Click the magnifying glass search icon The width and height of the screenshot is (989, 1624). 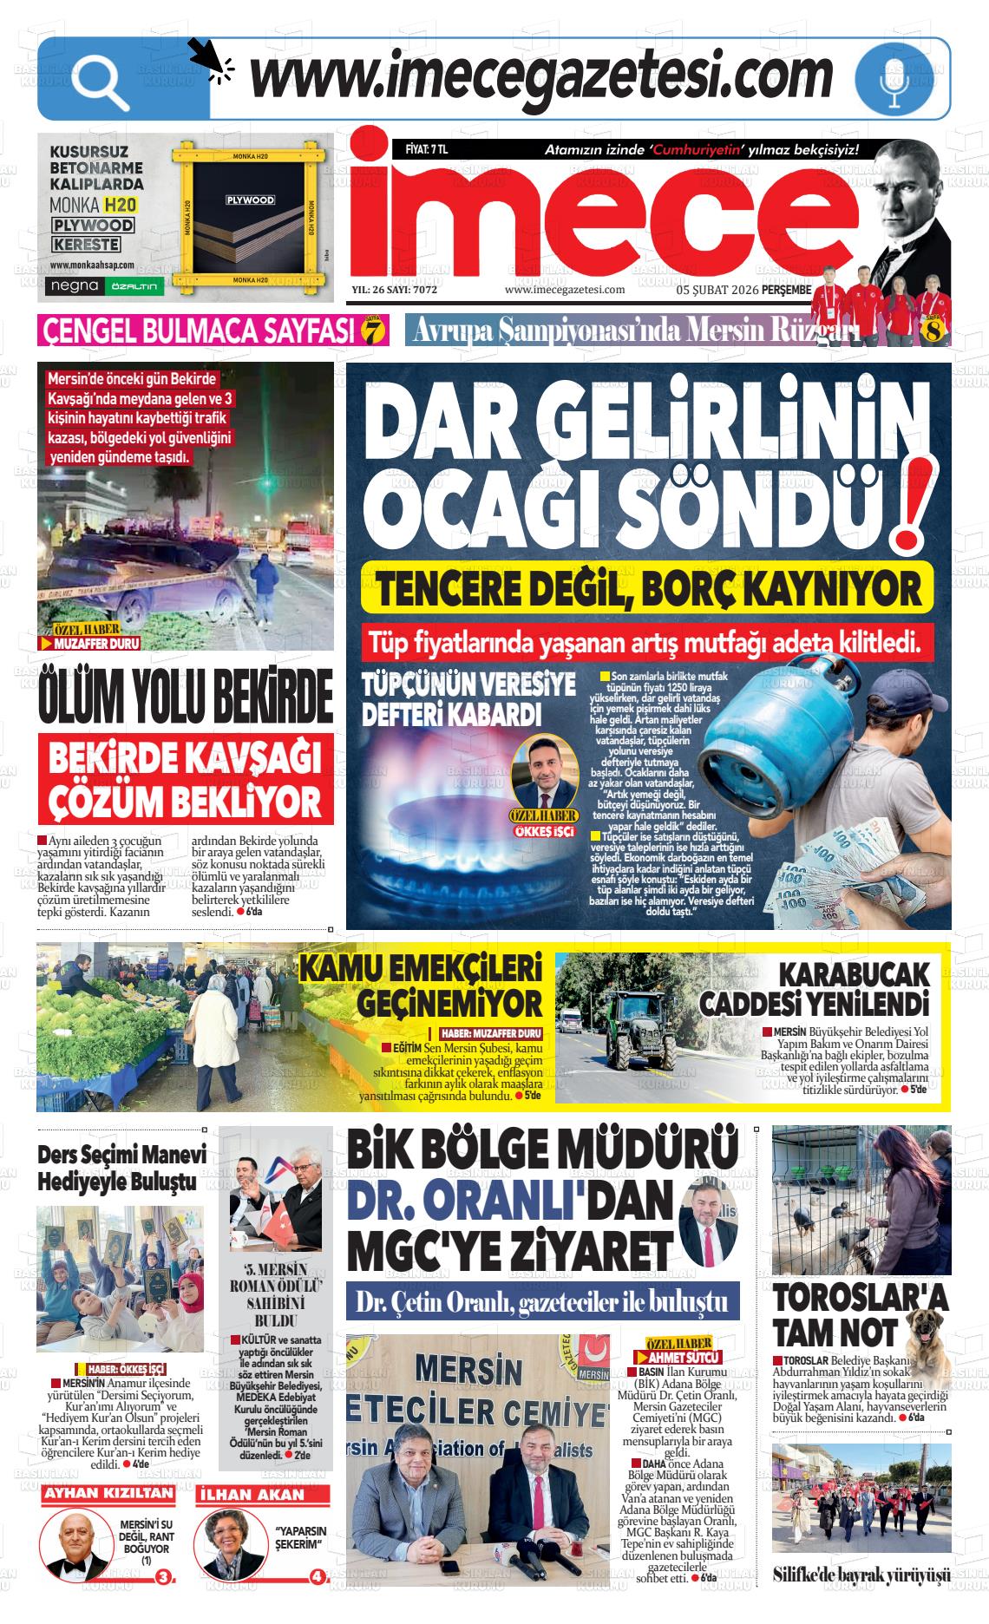(101, 80)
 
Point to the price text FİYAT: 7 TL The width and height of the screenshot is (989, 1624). (426, 149)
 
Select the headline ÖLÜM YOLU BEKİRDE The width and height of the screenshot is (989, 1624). (186, 694)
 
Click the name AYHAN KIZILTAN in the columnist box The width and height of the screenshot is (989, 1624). (108, 1494)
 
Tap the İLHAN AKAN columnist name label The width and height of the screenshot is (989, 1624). (252, 1494)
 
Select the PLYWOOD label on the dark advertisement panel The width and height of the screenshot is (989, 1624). (250, 200)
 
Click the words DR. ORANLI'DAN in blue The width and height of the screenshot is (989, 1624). (509, 1201)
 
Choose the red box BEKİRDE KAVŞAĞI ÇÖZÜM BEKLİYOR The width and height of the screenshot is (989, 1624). (185, 779)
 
